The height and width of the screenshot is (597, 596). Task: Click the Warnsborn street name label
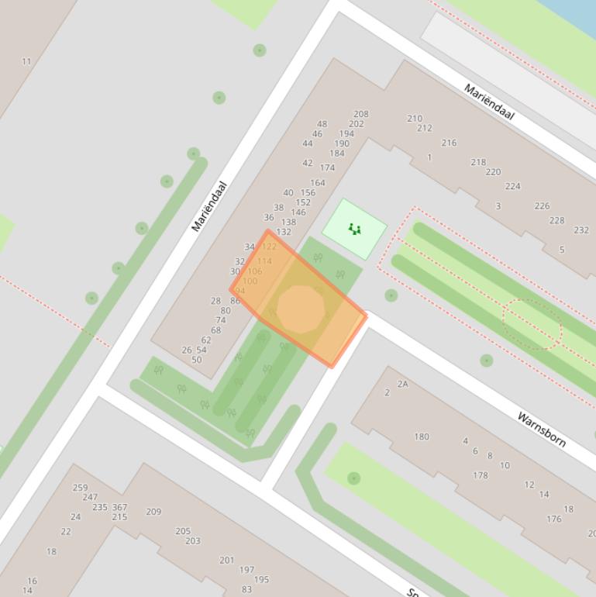pyautogui.click(x=541, y=430)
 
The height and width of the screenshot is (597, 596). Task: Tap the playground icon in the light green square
pyautogui.click(x=354, y=229)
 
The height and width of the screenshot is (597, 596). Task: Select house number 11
pyautogui.click(x=27, y=61)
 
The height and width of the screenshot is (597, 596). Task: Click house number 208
pyautogui.click(x=361, y=114)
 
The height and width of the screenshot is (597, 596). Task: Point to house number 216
pyautogui.click(x=449, y=143)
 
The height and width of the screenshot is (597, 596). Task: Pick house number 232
pyautogui.click(x=580, y=230)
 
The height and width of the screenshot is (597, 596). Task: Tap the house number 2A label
pyautogui.click(x=402, y=384)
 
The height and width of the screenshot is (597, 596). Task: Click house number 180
pyautogui.click(x=421, y=437)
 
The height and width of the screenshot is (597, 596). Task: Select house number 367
pyautogui.click(x=119, y=508)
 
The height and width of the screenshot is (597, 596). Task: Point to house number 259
pyautogui.click(x=80, y=488)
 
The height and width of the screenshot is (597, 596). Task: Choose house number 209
pyautogui.click(x=153, y=512)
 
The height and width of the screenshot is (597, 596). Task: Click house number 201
pyautogui.click(x=226, y=560)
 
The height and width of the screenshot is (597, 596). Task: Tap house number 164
pyautogui.click(x=317, y=183)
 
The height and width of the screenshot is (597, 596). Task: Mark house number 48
pyautogui.click(x=322, y=124)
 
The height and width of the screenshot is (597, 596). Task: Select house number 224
pyautogui.click(x=512, y=186)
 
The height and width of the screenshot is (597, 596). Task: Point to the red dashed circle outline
pyautogui.click(x=532, y=325)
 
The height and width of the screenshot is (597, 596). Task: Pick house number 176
pyautogui.click(x=553, y=519)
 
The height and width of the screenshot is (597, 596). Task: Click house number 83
pyautogui.click(x=246, y=589)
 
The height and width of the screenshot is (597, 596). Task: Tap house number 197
pyautogui.click(x=246, y=570)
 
